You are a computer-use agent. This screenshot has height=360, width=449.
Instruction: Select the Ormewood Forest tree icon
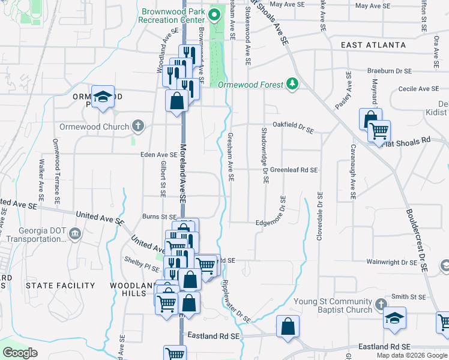pos(293,83)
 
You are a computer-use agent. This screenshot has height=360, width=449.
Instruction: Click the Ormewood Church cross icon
pos(138,127)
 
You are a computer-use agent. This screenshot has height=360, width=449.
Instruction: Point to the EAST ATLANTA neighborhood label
pos(373,46)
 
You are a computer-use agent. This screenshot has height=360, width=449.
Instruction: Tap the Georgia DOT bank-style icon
pos(74,233)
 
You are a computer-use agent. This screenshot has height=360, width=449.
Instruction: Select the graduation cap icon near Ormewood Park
pos(103,97)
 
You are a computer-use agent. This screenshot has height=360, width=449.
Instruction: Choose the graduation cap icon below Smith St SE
pos(395,318)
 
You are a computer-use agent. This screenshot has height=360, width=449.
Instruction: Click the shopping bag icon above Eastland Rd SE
pos(288,327)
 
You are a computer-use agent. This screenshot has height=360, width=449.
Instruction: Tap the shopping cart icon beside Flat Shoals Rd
pos(379,131)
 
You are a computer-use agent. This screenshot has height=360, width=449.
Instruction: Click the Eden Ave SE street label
pos(158,154)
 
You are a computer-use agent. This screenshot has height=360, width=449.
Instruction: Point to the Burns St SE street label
pos(158,217)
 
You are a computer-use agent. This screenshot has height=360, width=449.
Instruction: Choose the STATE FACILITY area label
pos(54,285)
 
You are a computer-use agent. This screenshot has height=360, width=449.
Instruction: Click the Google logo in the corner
pos(20,353)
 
